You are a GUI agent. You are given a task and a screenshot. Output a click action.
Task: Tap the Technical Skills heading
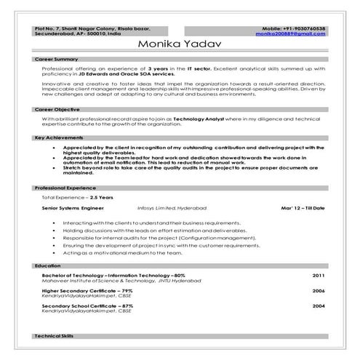coord(54,336)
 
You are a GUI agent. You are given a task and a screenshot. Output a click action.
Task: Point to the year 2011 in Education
coord(319,276)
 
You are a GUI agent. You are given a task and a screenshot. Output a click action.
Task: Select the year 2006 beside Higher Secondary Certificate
coord(319,290)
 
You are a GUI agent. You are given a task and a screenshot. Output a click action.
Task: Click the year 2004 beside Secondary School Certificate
coord(319,306)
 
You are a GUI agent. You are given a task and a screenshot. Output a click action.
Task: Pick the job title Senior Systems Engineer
coord(74,208)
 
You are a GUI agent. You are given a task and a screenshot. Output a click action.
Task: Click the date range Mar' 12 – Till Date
coord(302,208)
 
